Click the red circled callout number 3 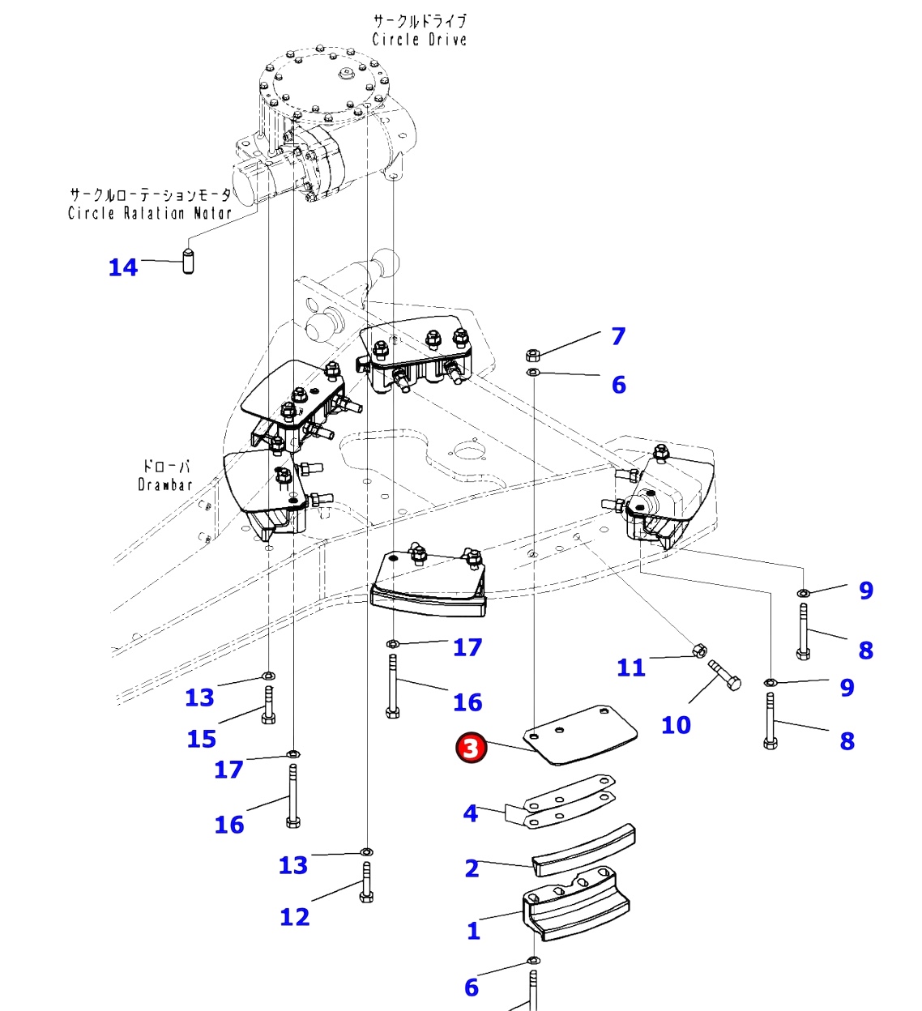tap(472, 748)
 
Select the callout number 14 tap(123, 267)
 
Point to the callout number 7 tap(618, 336)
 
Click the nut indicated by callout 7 tap(532, 355)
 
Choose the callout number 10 tap(676, 725)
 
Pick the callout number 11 tap(631, 668)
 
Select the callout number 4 tap(471, 813)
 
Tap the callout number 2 tap(472, 868)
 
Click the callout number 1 tap(474, 931)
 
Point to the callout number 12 tap(294, 917)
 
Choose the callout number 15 tap(202, 739)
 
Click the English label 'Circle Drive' tap(419, 39)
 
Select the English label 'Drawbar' tap(165, 484)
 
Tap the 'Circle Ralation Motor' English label tap(150, 213)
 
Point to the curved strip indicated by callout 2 tap(583, 851)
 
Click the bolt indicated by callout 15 tap(268, 704)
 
